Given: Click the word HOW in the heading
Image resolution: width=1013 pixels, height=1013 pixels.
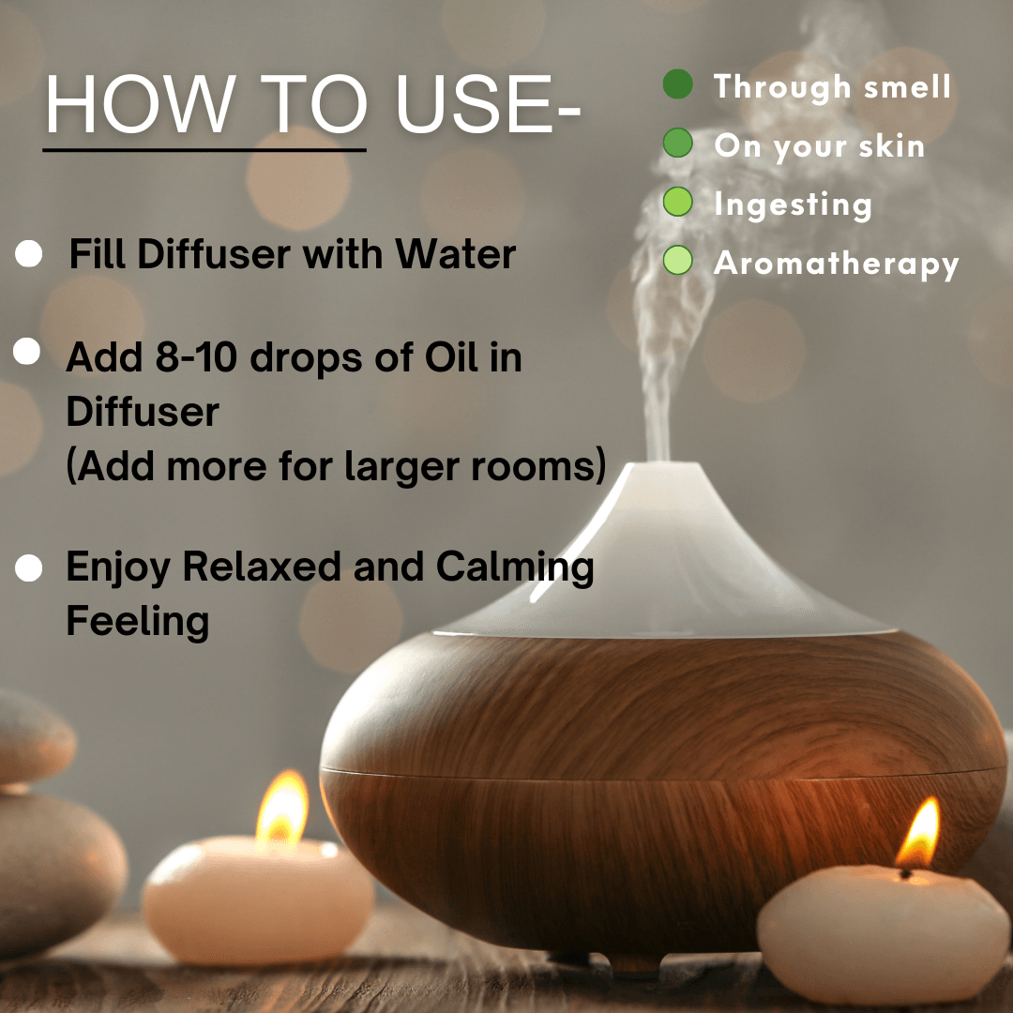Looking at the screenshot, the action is point(140,104).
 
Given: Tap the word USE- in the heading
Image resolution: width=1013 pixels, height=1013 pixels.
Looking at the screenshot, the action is point(489,104).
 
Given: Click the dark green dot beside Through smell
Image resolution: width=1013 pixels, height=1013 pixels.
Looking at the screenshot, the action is point(678,84).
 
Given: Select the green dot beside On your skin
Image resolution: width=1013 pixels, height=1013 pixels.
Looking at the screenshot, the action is point(678,143).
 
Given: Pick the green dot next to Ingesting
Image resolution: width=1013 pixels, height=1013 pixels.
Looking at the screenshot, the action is point(678,202).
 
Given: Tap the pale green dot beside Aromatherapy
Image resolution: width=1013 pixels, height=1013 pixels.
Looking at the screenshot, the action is point(678,261).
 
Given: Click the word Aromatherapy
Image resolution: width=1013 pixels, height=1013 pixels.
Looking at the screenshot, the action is point(836,265).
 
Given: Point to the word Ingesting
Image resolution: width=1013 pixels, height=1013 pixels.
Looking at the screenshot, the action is point(794,205).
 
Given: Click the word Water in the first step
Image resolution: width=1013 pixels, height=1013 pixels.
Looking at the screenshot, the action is point(456,254).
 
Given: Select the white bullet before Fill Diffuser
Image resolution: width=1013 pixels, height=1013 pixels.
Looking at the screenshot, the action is point(28,253).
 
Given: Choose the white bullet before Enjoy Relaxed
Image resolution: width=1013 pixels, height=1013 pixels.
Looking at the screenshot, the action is point(28,568).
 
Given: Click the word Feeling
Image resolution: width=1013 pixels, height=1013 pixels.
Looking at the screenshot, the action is point(138,622).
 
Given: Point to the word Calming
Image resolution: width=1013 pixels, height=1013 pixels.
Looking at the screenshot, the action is point(515,568).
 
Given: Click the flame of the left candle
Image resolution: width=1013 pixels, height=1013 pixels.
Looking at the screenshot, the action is point(282,807).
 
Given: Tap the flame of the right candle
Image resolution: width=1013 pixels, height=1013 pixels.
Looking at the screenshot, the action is point(918,835).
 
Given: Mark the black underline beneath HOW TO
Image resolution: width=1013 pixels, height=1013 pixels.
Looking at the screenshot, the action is point(204,150).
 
